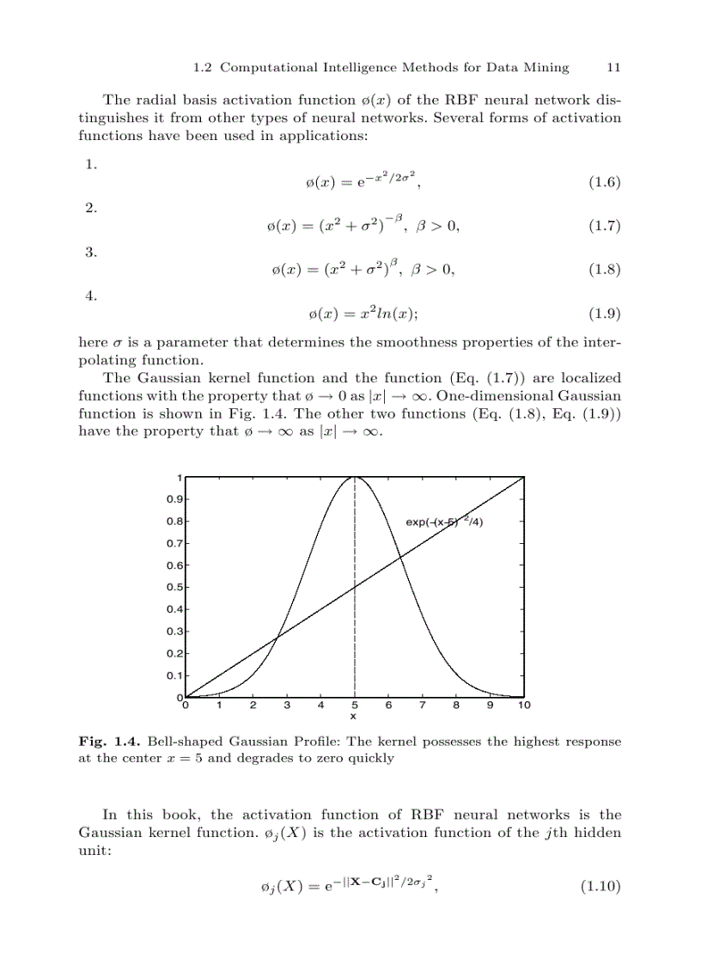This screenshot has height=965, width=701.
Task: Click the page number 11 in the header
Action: click(x=613, y=67)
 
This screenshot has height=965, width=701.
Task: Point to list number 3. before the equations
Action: click(x=90, y=252)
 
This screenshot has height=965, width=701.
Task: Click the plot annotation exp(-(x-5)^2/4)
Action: click(x=449, y=522)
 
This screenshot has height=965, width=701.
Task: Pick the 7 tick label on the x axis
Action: click(x=422, y=705)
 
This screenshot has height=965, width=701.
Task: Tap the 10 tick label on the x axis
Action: click(x=524, y=705)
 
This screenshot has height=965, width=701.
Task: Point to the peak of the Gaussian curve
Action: click(x=355, y=479)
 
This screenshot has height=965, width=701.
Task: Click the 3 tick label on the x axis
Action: click(x=287, y=705)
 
